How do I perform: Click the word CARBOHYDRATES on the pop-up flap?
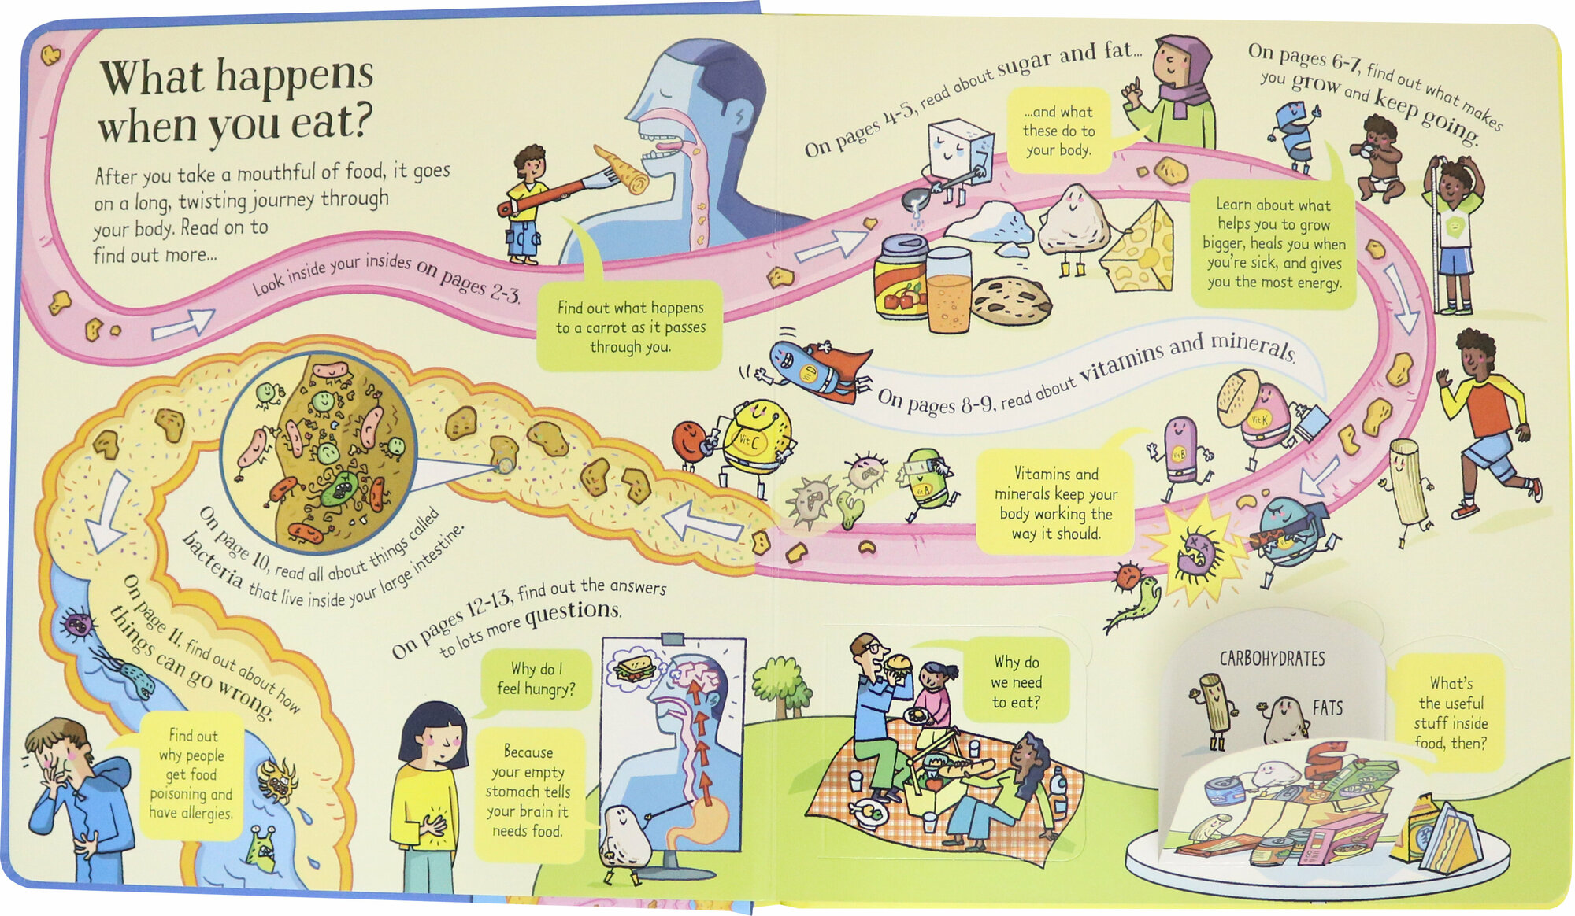pos(1272,659)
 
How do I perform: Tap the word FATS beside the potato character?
pos(1327,707)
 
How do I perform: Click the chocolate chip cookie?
pos(1011,301)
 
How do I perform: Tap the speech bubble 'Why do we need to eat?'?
pos(1016,682)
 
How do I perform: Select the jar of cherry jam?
pos(900,278)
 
